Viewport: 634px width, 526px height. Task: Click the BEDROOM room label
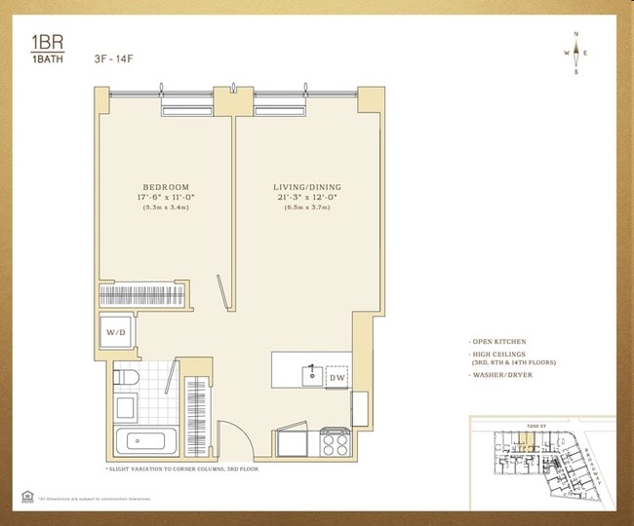pyautogui.click(x=166, y=187)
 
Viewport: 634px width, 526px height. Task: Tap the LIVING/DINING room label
pyautogui.click(x=307, y=187)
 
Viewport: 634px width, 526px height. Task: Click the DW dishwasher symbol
pyautogui.click(x=337, y=377)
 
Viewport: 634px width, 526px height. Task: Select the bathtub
pyautogui.click(x=146, y=442)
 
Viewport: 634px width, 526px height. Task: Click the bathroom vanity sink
pyautogui.click(x=125, y=407)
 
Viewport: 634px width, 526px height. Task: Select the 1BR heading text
pyautogui.click(x=44, y=42)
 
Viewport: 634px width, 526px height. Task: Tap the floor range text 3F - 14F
pyautogui.click(x=115, y=58)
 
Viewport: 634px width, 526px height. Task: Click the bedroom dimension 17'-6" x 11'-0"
pyautogui.click(x=166, y=198)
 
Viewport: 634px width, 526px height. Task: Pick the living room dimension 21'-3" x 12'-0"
pyautogui.click(x=307, y=198)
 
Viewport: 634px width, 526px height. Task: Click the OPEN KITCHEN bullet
pyautogui.click(x=498, y=342)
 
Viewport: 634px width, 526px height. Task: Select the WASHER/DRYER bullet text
pyautogui.click(x=503, y=375)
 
